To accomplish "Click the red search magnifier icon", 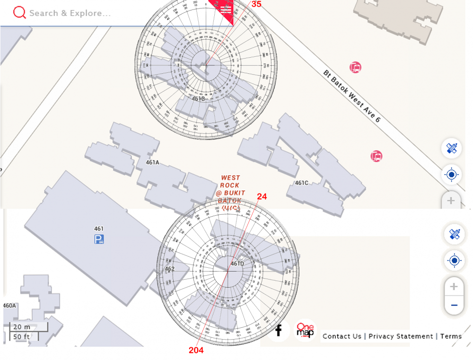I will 19,13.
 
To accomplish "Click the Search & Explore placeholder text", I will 70,13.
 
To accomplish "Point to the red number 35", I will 256,4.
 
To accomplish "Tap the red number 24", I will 262,196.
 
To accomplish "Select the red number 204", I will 196,351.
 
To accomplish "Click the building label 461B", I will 198,98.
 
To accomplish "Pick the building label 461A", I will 152,163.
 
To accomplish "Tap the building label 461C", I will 302,183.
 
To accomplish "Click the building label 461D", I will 237,263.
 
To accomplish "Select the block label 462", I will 169,269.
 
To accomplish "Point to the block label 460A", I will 9,306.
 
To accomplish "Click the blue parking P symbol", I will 99,239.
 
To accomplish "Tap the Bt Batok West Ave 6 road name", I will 352,96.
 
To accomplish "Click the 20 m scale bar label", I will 21,327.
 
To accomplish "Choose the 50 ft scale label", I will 21,336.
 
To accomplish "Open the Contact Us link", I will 342,336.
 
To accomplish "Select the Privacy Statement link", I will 401,336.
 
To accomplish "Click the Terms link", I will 451,336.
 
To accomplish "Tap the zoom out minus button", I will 454,305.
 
